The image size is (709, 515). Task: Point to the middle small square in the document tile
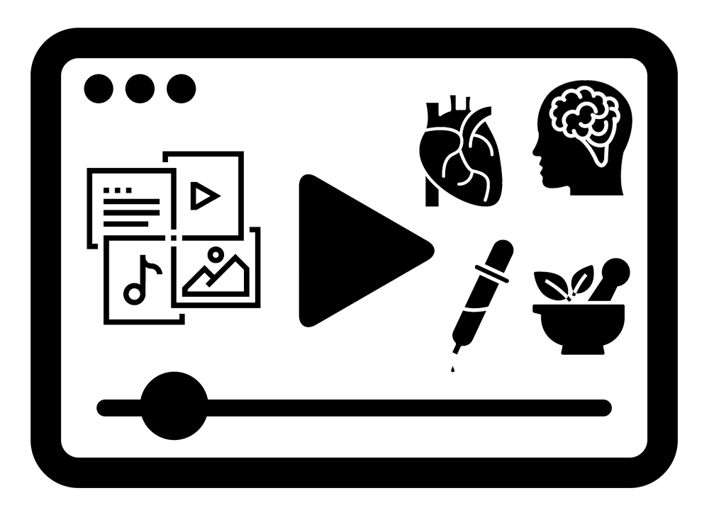[x=118, y=190]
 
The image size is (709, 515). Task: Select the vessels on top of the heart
[x=454, y=108]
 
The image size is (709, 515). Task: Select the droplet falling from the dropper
[x=451, y=368]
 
